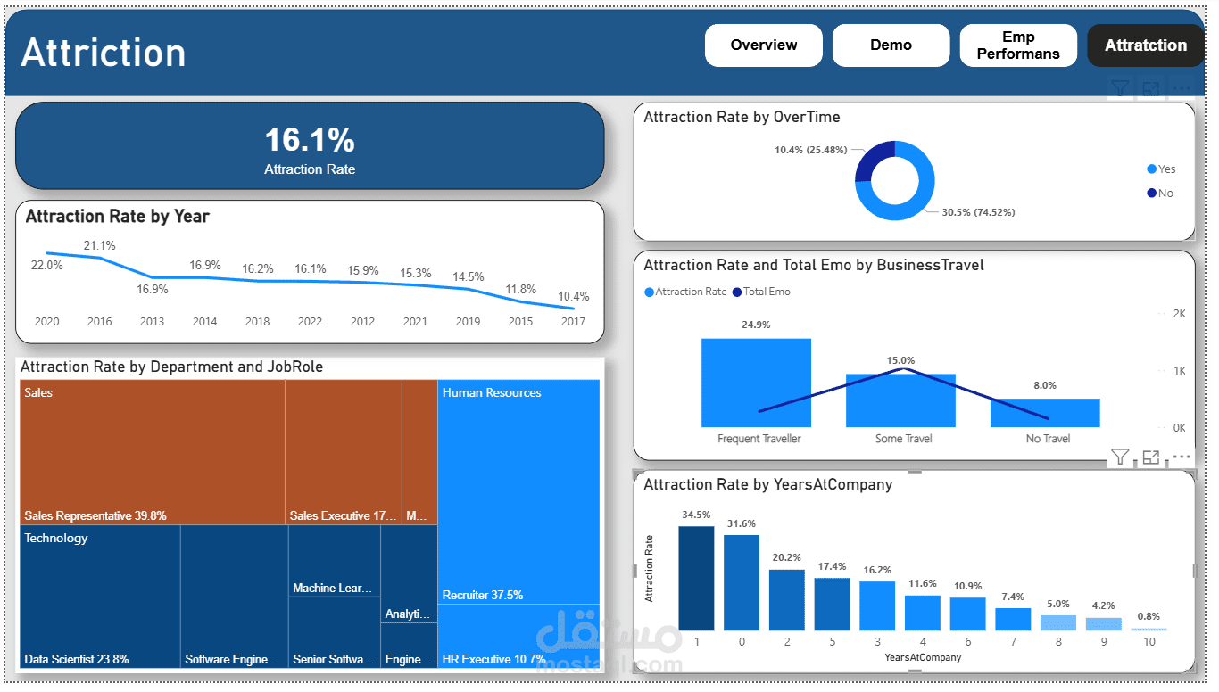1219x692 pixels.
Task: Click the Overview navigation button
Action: click(764, 45)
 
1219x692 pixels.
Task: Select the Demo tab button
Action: click(891, 45)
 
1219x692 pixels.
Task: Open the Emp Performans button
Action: click(1018, 45)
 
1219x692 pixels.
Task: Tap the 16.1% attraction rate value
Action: click(310, 140)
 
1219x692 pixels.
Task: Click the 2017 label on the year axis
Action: click(573, 322)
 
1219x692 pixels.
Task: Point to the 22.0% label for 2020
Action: click(47, 265)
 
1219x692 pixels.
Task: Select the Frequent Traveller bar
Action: click(756, 383)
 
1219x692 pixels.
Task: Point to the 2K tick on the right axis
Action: click(1179, 314)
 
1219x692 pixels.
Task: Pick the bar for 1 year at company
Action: click(696, 579)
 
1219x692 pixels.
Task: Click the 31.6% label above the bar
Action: click(741, 523)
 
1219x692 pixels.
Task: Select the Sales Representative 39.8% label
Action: click(95, 516)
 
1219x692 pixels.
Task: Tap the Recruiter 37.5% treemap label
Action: click(483, 595)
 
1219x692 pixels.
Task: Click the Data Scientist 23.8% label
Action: click(77, 660)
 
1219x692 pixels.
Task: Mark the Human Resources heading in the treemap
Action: click(492, 393)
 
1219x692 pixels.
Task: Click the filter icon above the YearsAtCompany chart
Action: click(1120, 457)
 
